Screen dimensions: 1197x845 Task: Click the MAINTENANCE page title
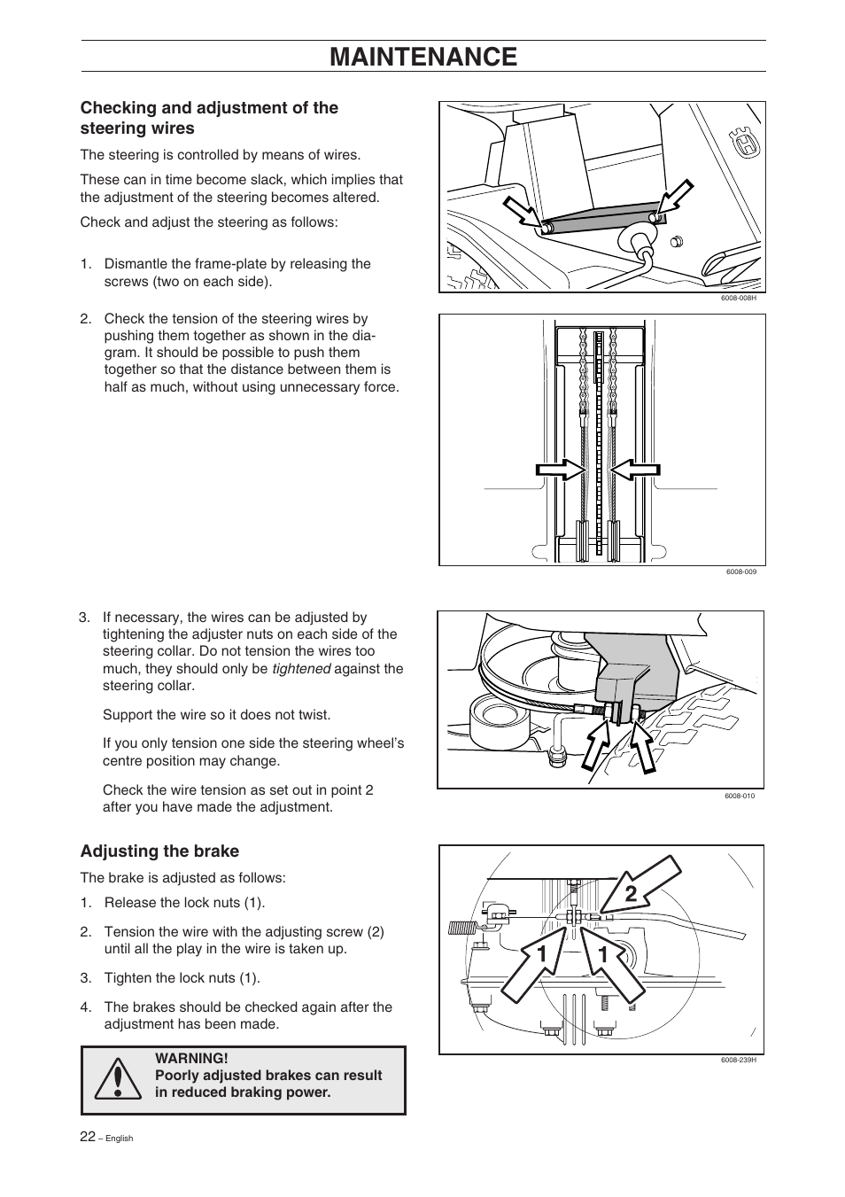point(422,57)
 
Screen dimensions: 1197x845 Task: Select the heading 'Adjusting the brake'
point(159,851)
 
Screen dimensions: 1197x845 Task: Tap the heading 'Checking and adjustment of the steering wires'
point(209,118)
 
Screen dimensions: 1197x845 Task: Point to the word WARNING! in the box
point(191,1058)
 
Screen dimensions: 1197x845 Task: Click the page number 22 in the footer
point(88,1137)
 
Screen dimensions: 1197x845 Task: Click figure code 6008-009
point(740,571)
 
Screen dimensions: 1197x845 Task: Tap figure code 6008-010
point(740,796)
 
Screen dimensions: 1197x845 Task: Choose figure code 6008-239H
point(738,1061)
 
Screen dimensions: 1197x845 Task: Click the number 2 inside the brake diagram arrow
point(631,894)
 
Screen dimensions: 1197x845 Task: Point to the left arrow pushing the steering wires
point(561,470)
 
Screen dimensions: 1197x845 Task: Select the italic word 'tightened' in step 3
point(301,669)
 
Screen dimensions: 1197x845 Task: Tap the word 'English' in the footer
point(119,1139)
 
